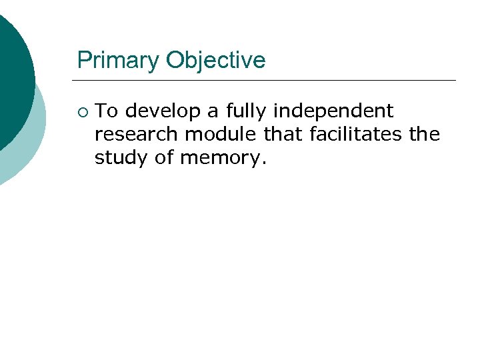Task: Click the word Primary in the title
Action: (x=119, y=61)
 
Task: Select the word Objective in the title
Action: (x=215, y=61)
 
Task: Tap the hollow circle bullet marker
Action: (x=81, y=111)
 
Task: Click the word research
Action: (x=137, y=134)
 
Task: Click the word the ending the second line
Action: (x=424, y=134)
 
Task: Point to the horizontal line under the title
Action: (x=267, y=81)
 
